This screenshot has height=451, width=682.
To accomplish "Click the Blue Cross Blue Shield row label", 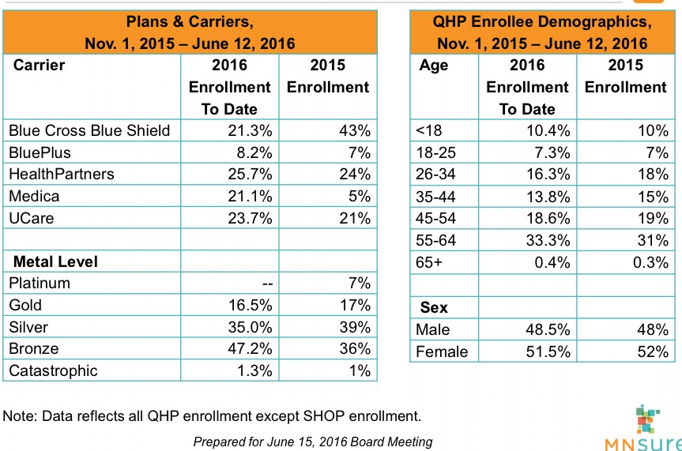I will [x=89, y=130].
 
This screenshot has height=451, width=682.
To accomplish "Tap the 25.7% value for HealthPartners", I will [x=248, y=174].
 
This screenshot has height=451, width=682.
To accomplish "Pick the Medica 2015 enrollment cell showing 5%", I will [x=360, y=196].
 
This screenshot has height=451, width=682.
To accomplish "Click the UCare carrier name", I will [x=31, y=218].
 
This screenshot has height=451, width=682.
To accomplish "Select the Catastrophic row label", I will [x=52, y=370].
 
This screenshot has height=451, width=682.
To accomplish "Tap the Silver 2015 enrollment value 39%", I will [x=356, y=327].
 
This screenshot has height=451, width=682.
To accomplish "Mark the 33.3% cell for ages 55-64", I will [x=546, y=239].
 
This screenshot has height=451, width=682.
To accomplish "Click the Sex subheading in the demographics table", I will [x=433, y=306].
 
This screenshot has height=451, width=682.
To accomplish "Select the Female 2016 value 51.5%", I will [x=546, y=352].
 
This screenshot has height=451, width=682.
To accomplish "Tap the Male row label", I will [x=432, y=330].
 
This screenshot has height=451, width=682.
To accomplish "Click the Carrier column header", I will [x=39, y=65].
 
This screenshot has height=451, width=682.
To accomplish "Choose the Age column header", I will [x=434, y=65].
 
